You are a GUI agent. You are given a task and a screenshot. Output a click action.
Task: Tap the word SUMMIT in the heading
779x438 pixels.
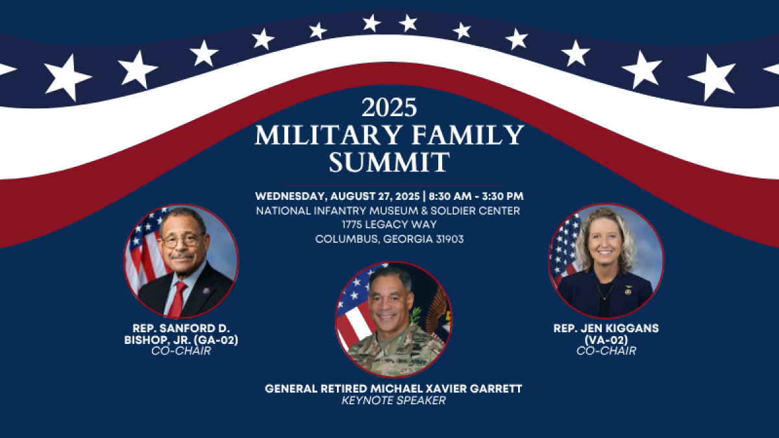coord(389,162)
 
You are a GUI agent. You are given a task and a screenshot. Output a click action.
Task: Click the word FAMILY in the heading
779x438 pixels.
coord(459,134)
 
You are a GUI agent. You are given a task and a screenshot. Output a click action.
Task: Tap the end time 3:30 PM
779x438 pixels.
coord(502,195)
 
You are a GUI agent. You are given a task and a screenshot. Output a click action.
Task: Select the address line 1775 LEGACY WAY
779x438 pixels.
coord(389,225)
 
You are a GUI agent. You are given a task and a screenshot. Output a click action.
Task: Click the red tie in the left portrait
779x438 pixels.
coord(177,298)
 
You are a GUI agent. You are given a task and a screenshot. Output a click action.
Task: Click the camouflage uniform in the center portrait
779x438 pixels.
coord(389,354)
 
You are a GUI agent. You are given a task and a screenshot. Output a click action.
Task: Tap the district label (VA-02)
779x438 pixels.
coord(606,340)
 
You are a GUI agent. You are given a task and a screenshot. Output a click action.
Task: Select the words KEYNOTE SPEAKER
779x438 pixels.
coord(393,400)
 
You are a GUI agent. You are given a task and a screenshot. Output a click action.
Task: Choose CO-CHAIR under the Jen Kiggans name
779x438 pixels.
coord(606,351)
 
